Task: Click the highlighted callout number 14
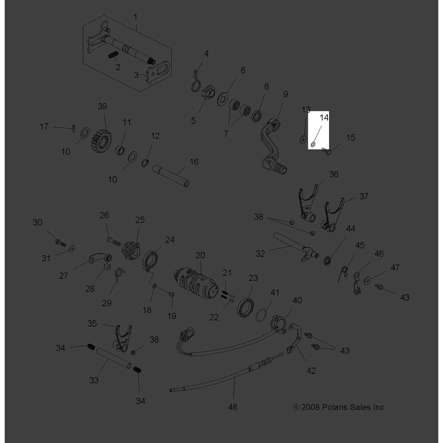click(x=324, y=118)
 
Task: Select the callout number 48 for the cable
click(x=233, y=407)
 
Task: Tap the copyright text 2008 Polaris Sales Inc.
click(x=340, y=407)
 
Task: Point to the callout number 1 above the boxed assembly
click(x=135, y=17)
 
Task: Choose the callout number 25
click(x=140, y=220)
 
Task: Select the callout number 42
click(x=311, y=371)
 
